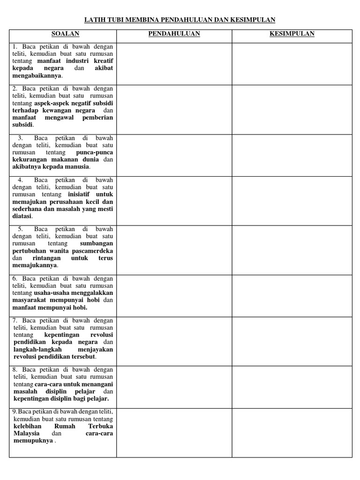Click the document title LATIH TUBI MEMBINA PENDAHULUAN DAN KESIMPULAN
click(x=180, y=20)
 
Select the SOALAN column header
click(x=65, y=34)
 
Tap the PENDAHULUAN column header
click(x=174, y=34)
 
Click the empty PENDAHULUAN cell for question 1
click(x=174, y=64)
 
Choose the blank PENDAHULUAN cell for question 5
click(x=174, y=250)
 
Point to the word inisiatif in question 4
click(x=80, y=194)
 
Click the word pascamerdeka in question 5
click(x=92, y=251)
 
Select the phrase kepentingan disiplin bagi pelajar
click(x=61, y=398)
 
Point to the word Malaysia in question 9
click(x=26, y=434)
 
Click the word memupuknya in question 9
click(x=33, y=441)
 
